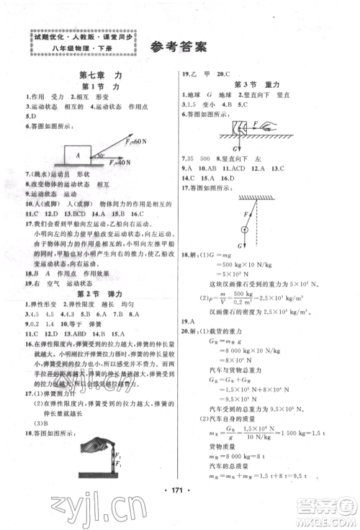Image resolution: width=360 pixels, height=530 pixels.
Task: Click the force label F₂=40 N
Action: (127, 163)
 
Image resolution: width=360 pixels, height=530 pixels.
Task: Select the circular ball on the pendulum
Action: (244, 230)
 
